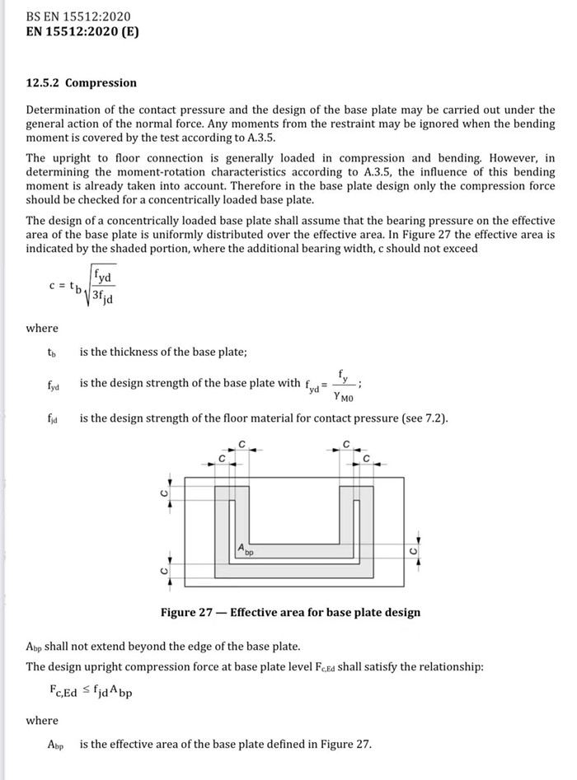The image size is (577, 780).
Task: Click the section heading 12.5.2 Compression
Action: (x=82, y=83)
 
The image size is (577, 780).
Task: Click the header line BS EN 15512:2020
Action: (x=78, y=16)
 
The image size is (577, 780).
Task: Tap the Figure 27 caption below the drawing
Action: (x=291, y=612)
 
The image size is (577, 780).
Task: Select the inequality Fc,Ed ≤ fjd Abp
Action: (x=91, y=691)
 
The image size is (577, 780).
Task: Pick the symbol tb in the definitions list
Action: (x=52, y=353)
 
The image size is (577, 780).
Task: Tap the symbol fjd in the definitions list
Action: (x=53, y=418)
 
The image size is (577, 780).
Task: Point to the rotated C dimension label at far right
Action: (x=414, y=550)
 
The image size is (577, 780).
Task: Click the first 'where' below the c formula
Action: (x=42, y=328)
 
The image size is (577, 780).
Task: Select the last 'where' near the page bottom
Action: (x=42, y=720)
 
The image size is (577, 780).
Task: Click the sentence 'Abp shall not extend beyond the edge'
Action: (x=163, y=646)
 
